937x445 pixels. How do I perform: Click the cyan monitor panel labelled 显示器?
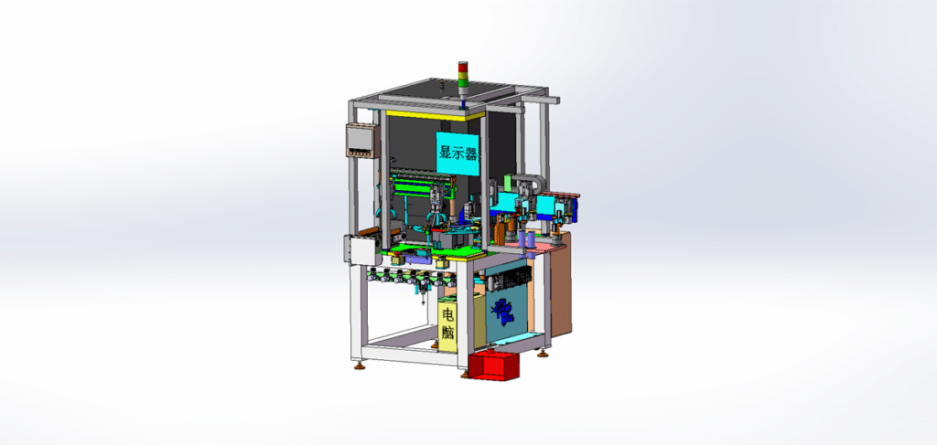coord(458,154)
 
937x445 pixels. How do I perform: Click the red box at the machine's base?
coord(493,366)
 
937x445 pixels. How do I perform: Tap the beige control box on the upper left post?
coord(361,140)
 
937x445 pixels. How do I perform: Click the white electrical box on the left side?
coord(362,249)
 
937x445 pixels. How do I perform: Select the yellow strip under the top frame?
coord(435,114)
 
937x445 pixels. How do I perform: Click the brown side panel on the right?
coord(561,284)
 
